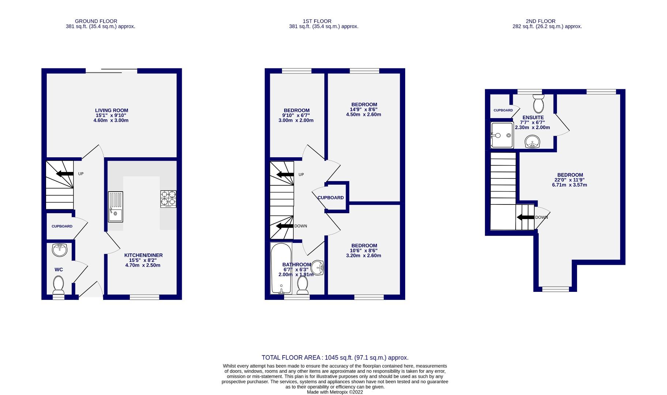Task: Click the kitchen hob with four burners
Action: coord(168,199)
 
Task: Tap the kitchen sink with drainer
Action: coord(116,207)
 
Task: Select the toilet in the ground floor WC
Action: coord(59,285)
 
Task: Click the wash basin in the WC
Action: coord(60,250)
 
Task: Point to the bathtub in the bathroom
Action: coord(281,268)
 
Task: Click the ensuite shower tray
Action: coord(502,135)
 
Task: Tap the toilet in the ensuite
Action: coord(538,104)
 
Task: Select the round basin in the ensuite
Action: coord(533,142)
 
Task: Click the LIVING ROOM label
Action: coord(112,110)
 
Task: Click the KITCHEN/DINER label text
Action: coord(143,255)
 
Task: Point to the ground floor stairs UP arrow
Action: coord(65,173)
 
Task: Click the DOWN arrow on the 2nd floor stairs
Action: coord(525,217)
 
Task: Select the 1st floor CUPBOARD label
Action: coord(331,197)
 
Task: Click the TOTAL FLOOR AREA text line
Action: coord(335,358)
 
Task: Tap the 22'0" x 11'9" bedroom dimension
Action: coord(570,180)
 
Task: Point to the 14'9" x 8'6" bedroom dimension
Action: coord(363,109)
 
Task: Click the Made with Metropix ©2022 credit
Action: coord(335,392)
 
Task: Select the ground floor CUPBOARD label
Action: coord(62,226)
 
